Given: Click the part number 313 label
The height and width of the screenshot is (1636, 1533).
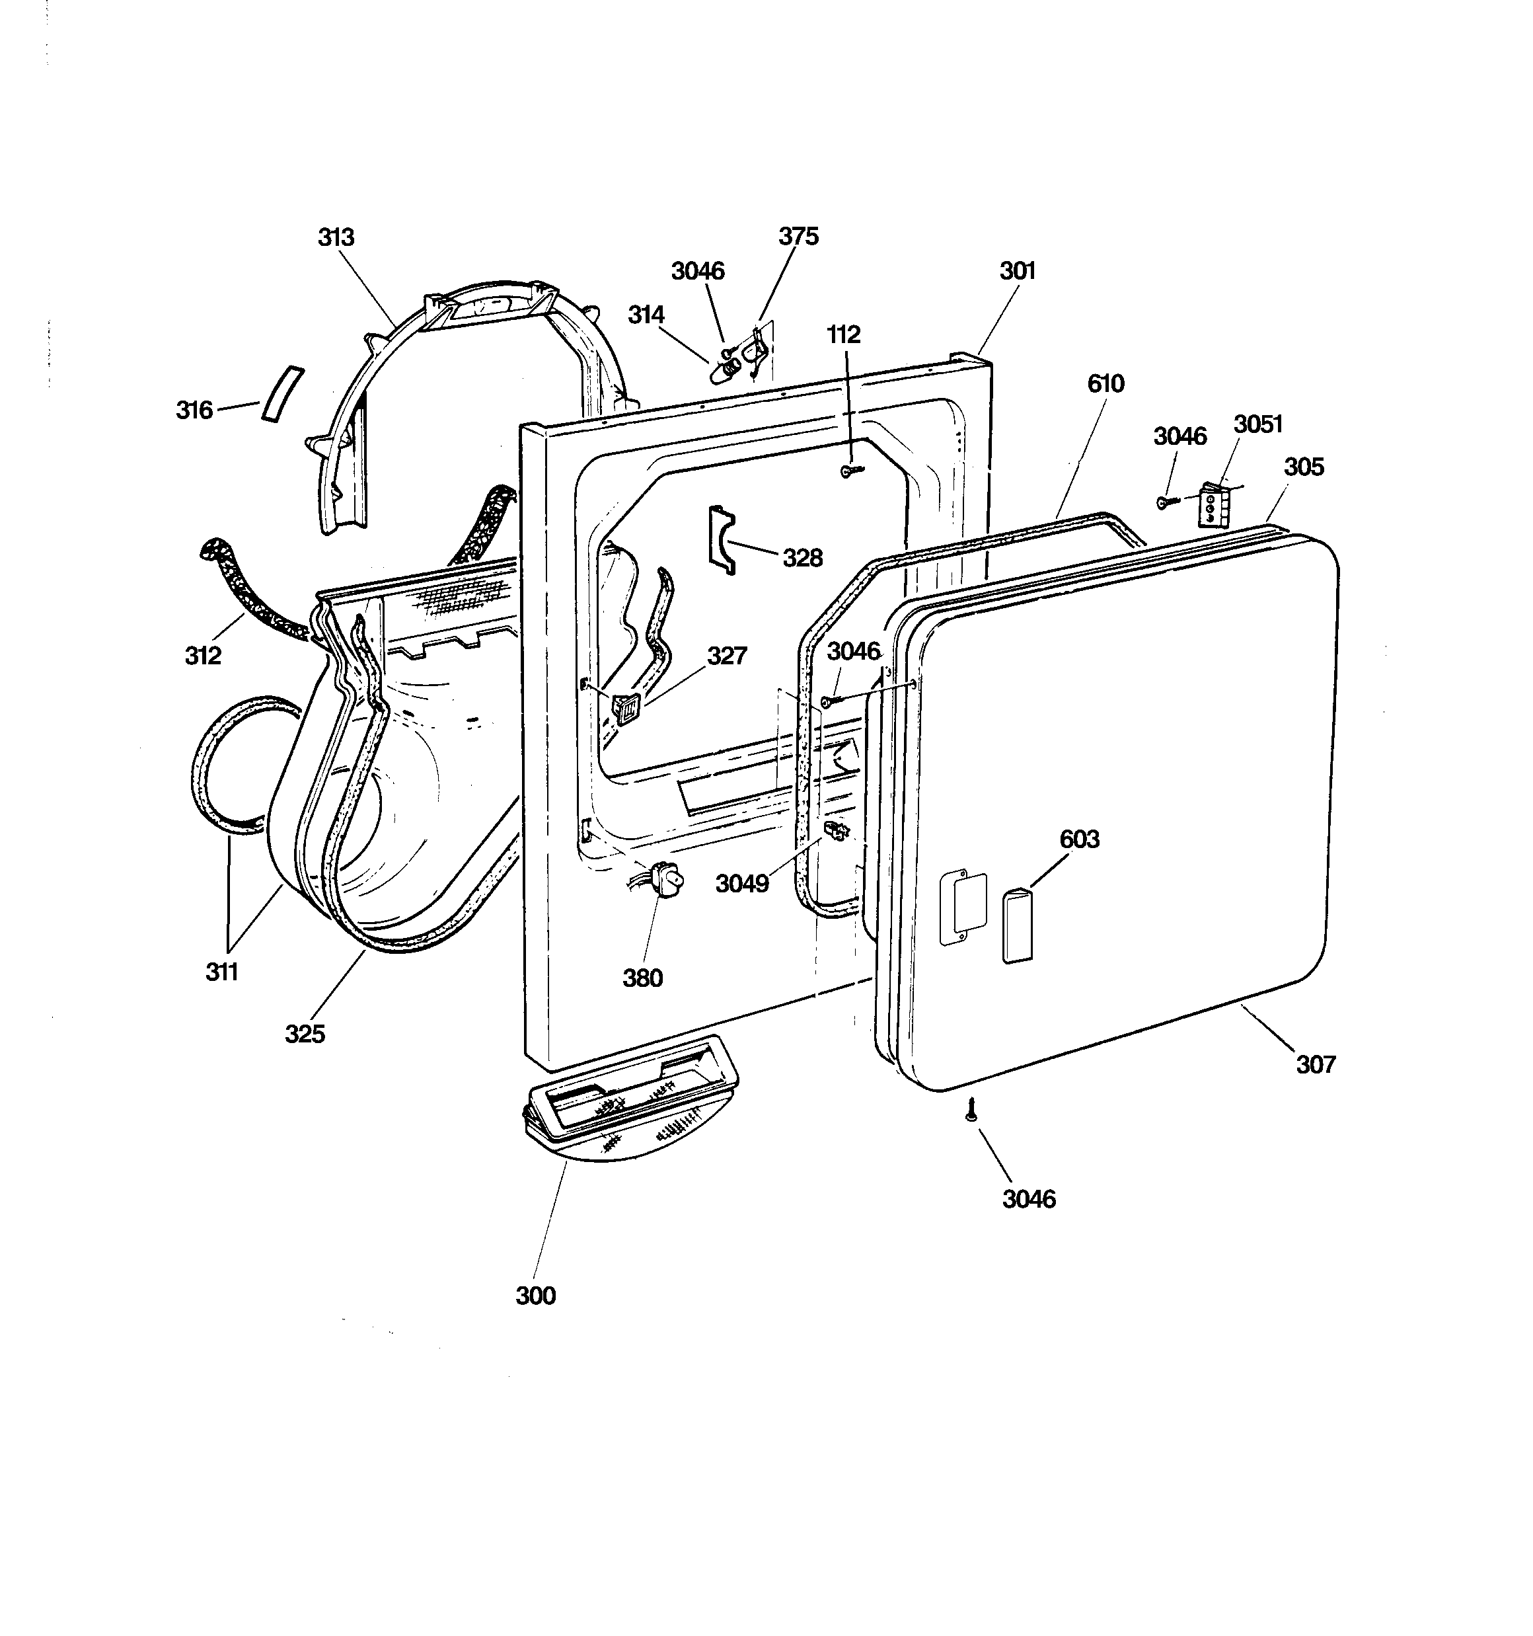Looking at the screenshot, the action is (336, 237).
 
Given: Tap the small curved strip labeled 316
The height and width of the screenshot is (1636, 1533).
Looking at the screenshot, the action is (282, 393).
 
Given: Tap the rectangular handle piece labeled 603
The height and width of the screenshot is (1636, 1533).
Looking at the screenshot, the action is (1017, 925).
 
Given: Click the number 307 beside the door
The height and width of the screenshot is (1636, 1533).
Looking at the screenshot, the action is (1315, 1064).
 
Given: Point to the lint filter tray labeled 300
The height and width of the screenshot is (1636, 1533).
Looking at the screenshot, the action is (631, 1098).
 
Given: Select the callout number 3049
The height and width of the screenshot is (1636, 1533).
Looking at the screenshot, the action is (741, 883).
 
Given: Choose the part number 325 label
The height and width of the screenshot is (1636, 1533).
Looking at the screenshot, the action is (305, 1034).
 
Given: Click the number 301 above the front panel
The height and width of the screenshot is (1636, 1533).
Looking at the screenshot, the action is (1017, 271).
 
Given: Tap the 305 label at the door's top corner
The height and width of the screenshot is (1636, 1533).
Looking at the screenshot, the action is (1304, 467).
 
